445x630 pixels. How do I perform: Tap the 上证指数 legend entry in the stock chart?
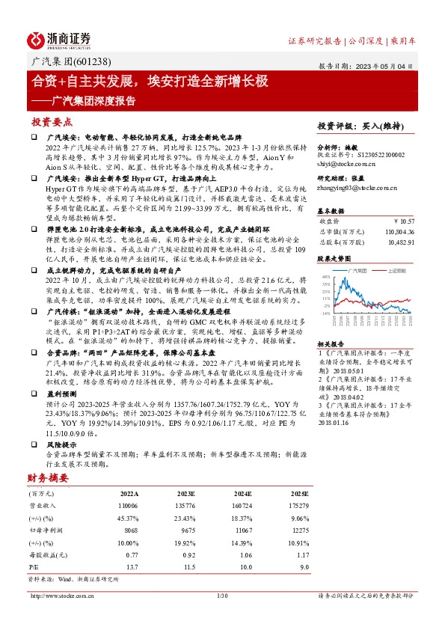394,270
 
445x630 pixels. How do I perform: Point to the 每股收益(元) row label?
46,554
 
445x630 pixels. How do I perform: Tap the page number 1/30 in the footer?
221,596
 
